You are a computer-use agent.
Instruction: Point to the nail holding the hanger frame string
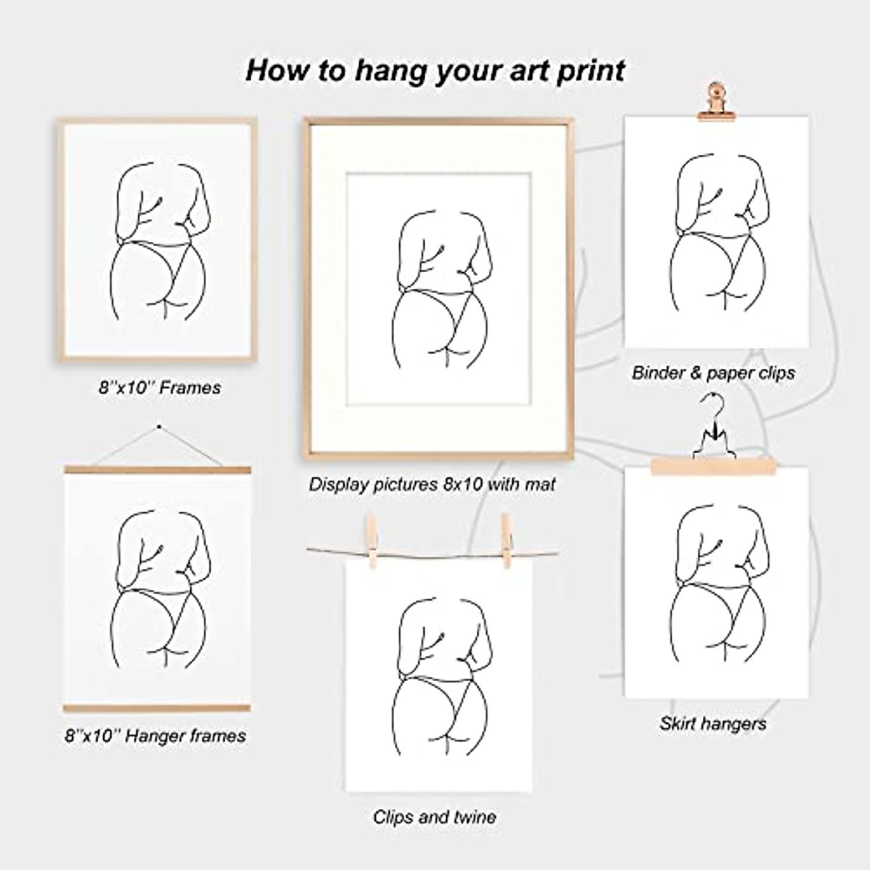(159, 427)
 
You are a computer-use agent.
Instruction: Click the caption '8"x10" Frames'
(159, 387)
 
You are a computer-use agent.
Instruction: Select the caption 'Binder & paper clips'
(713, 373)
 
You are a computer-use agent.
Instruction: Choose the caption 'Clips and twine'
(434, 817)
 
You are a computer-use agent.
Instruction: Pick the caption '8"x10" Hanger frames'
(155, 736)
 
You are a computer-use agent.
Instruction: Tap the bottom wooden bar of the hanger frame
(157, 708)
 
